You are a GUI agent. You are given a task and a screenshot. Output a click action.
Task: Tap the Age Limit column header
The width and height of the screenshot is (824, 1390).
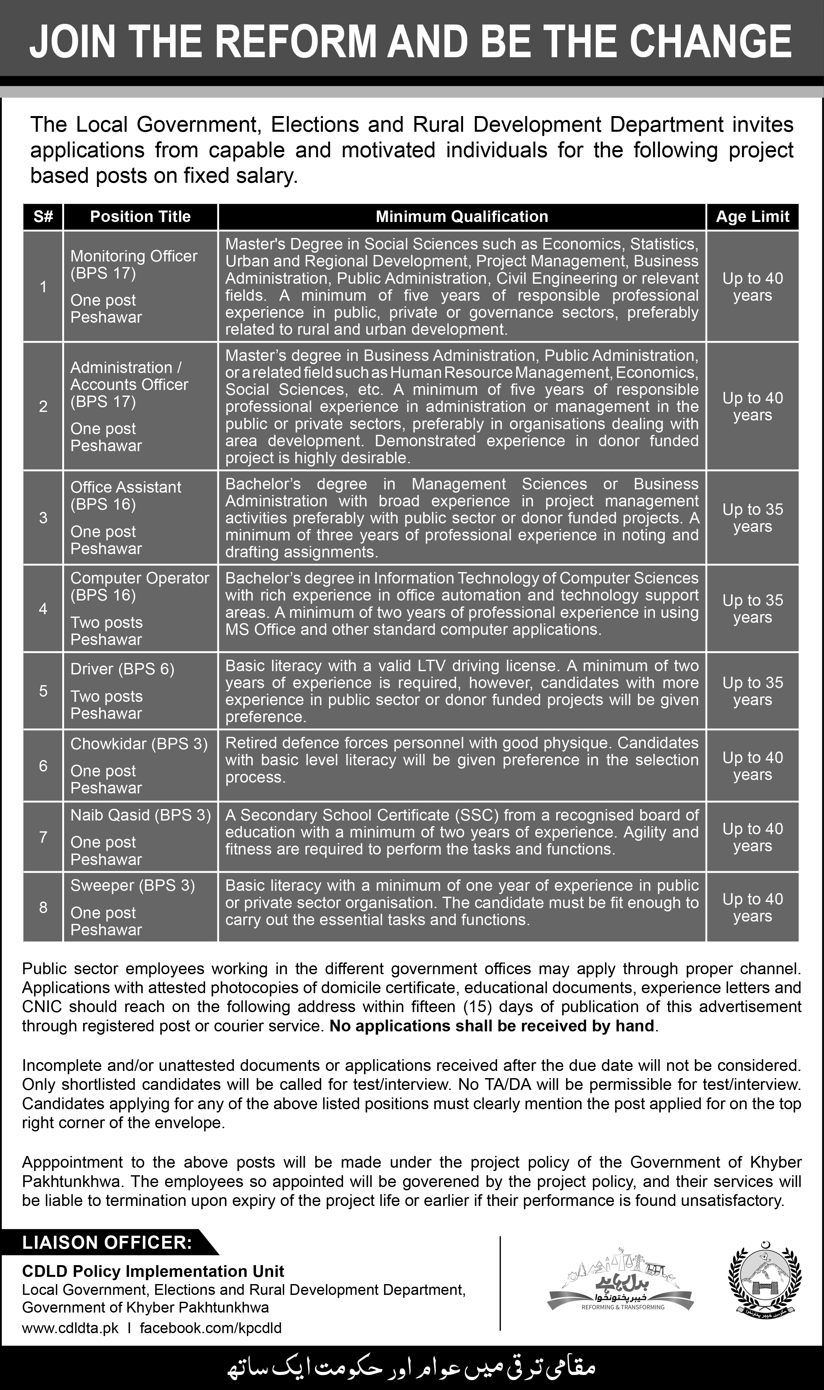752,216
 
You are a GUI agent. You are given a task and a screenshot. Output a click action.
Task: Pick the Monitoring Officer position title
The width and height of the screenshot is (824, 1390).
134,257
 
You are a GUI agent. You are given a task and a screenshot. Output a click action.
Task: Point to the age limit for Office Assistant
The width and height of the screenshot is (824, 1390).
752,518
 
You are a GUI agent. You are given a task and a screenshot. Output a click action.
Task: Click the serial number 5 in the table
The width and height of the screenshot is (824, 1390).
43,691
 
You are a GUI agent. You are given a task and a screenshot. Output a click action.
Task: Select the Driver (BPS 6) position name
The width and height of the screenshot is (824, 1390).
122,670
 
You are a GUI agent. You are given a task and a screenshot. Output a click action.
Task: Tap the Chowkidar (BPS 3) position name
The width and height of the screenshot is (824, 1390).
139,744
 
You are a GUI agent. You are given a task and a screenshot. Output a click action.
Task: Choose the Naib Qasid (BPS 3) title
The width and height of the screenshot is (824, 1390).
141,815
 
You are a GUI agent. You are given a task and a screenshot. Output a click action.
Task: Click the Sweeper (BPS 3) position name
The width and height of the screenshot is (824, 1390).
133,886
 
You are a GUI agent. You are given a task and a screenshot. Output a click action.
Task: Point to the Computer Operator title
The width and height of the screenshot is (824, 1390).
139,578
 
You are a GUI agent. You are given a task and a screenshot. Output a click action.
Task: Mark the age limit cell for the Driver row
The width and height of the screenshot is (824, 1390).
752,691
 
